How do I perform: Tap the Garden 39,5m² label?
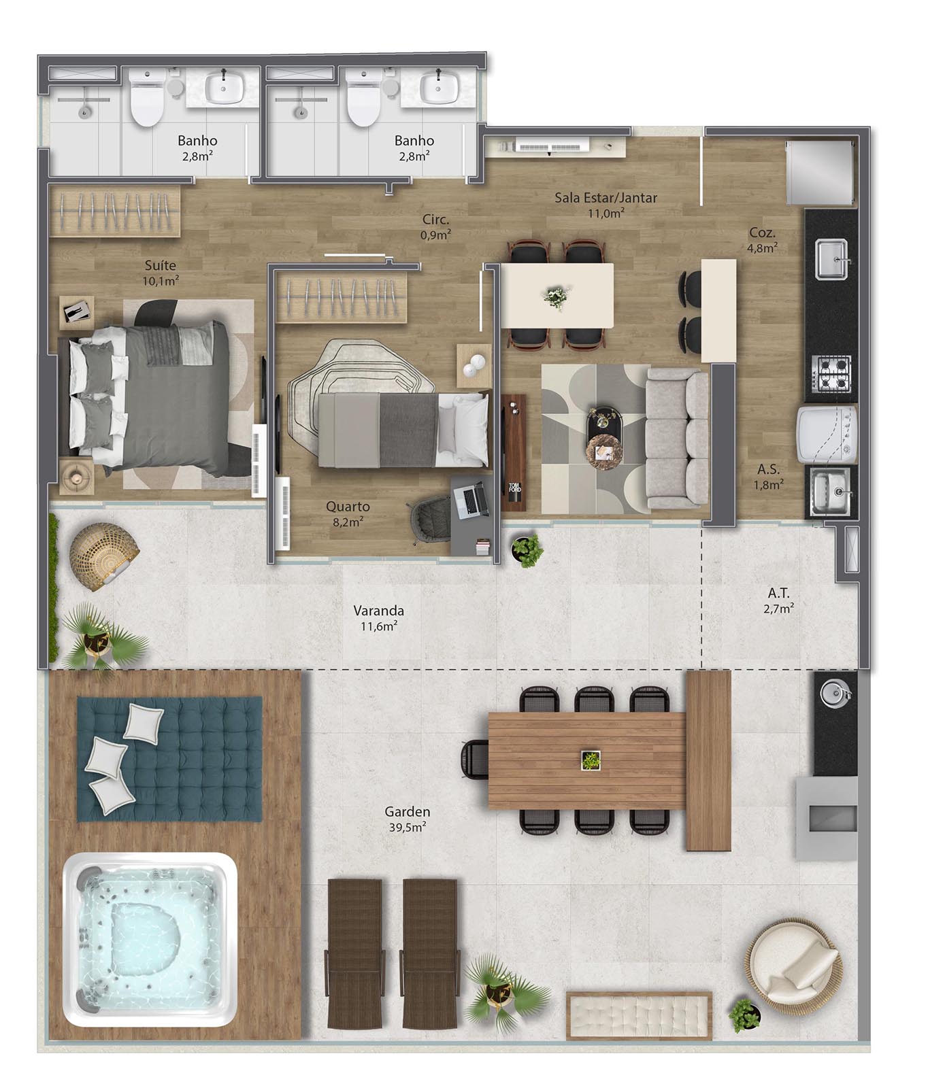pyautogui.click(x=407, y=819)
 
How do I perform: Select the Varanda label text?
pyautogui.click(x=379, y=611)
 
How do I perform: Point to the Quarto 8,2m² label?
pyautogui.click(x=348, y=513)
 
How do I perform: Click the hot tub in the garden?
pyautogui.click(x=150, y=940)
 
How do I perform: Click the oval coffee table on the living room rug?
pyautogui.click(x=603, y=437)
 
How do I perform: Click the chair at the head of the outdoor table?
pyautogui.click(x=474, y=759)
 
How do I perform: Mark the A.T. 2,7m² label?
pyautogui.click(x=778, y=600)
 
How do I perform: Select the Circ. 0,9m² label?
pyautogui.click(x=435, y=227)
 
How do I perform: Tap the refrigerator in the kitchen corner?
pyautogui.click(x=820, y=172)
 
